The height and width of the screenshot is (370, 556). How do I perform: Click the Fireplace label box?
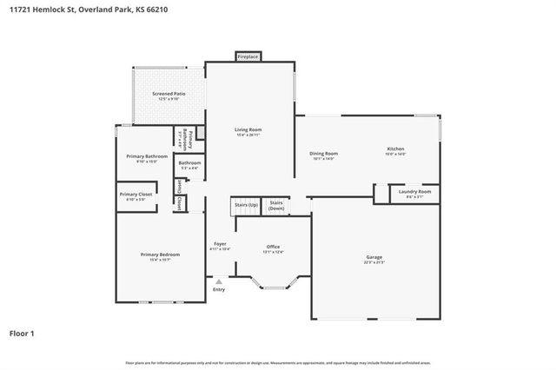coord(248,57)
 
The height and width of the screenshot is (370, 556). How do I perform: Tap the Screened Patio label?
coord(169,94)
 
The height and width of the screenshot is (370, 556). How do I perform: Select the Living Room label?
coord(248,130)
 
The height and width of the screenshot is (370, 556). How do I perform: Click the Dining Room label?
coord(323,155)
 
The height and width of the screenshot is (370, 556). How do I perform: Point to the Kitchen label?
coord(395,149)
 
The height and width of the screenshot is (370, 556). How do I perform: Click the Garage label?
coord(374,258)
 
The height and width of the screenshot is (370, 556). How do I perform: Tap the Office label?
coord(273,248)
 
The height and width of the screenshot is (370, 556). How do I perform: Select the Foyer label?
coord(220,245)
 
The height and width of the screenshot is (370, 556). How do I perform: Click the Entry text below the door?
coord(218,289)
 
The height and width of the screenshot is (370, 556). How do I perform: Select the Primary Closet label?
coord(136,195)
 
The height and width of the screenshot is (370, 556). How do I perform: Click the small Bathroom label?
coord(189,164)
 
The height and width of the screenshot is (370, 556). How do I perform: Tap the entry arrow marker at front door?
coord(218,281)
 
